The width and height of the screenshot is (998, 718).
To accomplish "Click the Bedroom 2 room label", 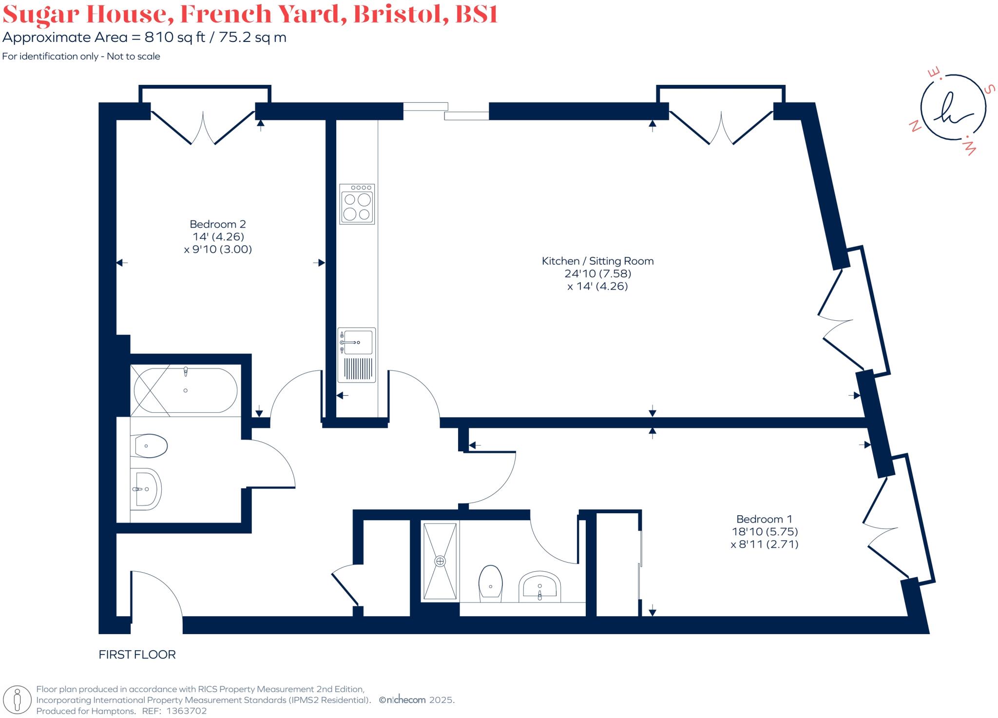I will coord(217,224).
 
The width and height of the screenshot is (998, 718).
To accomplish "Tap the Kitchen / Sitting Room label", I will coord(597,261).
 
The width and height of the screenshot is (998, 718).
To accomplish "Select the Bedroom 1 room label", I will coord(764,519).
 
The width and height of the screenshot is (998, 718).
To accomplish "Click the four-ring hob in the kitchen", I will coord(357,204).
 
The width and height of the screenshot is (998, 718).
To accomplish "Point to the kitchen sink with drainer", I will coord(357,355).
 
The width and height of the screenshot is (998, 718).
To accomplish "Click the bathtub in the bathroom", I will coord(185,390).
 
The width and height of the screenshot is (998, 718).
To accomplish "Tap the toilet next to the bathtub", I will coord(151,446).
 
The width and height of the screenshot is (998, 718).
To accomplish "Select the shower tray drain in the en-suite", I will coord(440,561).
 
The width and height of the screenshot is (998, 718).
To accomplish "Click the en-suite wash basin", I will coord(539,586).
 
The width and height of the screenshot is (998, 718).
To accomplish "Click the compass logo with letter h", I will coord(953,108).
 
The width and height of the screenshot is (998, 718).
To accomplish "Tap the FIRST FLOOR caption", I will coord(137,655).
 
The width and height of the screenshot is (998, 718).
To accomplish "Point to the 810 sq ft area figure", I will coord(175,38).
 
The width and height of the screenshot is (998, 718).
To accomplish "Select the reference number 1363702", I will coord(187,711).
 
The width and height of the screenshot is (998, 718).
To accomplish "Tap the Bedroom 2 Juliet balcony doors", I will coord(203,128).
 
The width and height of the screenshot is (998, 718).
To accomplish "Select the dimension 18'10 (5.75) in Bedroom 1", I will coord(764,532).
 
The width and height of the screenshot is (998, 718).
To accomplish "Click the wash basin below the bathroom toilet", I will coord(146,489).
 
